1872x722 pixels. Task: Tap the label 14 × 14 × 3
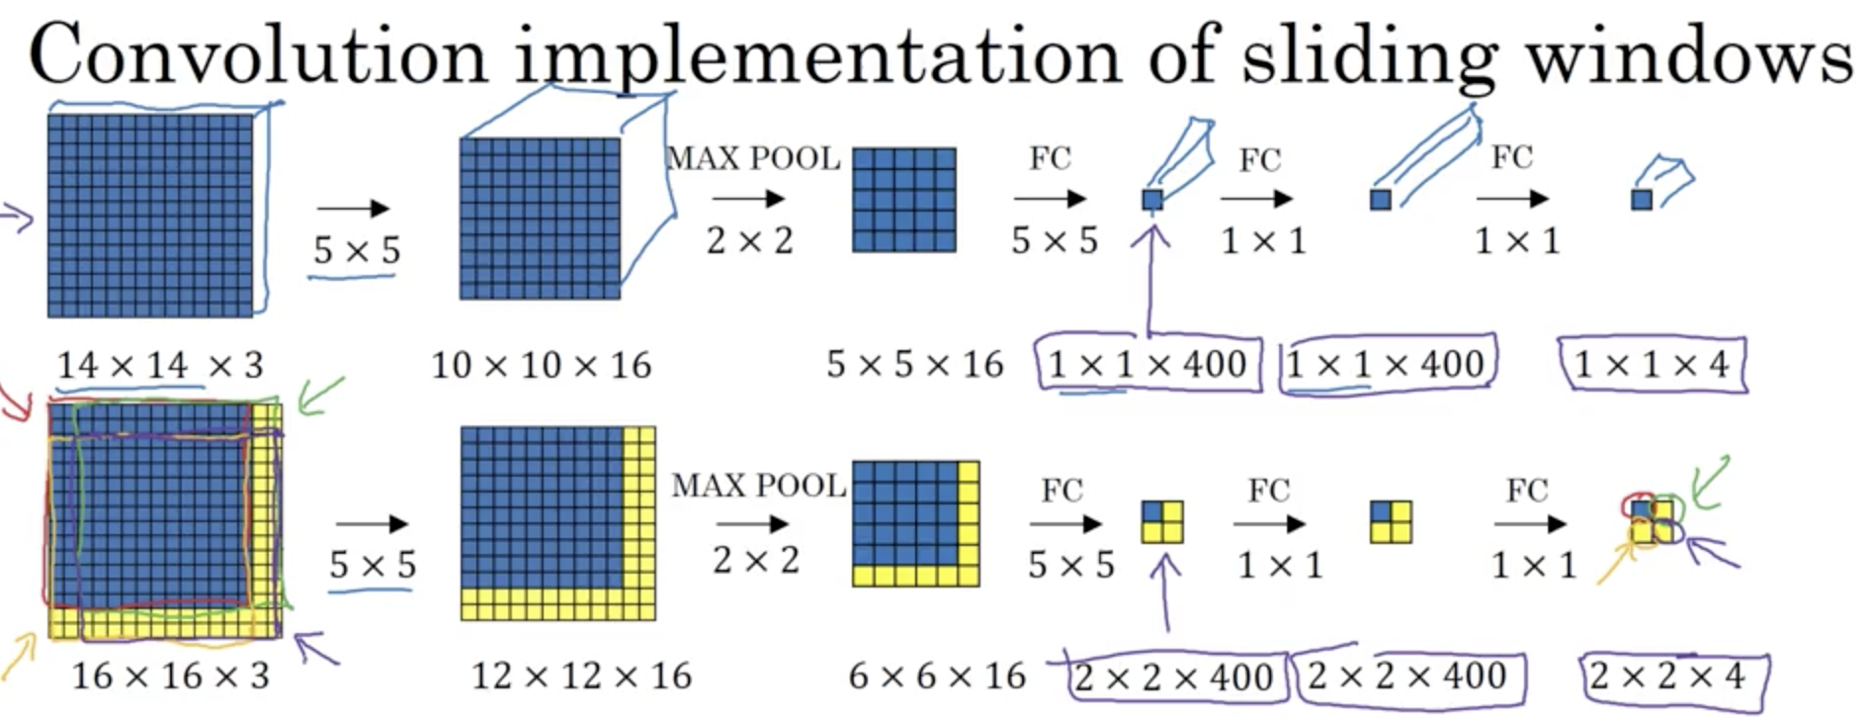point(160,366)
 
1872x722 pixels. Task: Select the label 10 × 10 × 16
point(541,366)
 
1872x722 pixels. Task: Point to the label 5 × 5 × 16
point(914,365)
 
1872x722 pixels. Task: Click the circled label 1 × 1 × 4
point(1651,365)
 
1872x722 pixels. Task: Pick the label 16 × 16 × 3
point(170,677)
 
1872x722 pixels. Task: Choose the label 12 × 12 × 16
point(581,677)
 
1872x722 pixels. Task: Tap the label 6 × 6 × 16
point(937,677)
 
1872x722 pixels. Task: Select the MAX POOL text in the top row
point(753,158)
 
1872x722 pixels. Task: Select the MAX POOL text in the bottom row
point(758,486)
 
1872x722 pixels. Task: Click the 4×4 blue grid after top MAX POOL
point(904,200)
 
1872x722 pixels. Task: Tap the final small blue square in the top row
point(1642,200)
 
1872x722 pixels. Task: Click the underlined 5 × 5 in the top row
point(357,251)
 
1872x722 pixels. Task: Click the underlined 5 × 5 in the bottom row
point(373,566)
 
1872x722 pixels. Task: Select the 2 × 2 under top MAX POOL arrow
point(749,240)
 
